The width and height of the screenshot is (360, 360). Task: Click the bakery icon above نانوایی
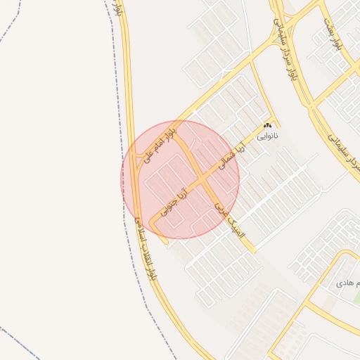267,124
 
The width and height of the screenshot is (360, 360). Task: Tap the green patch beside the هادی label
356,298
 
